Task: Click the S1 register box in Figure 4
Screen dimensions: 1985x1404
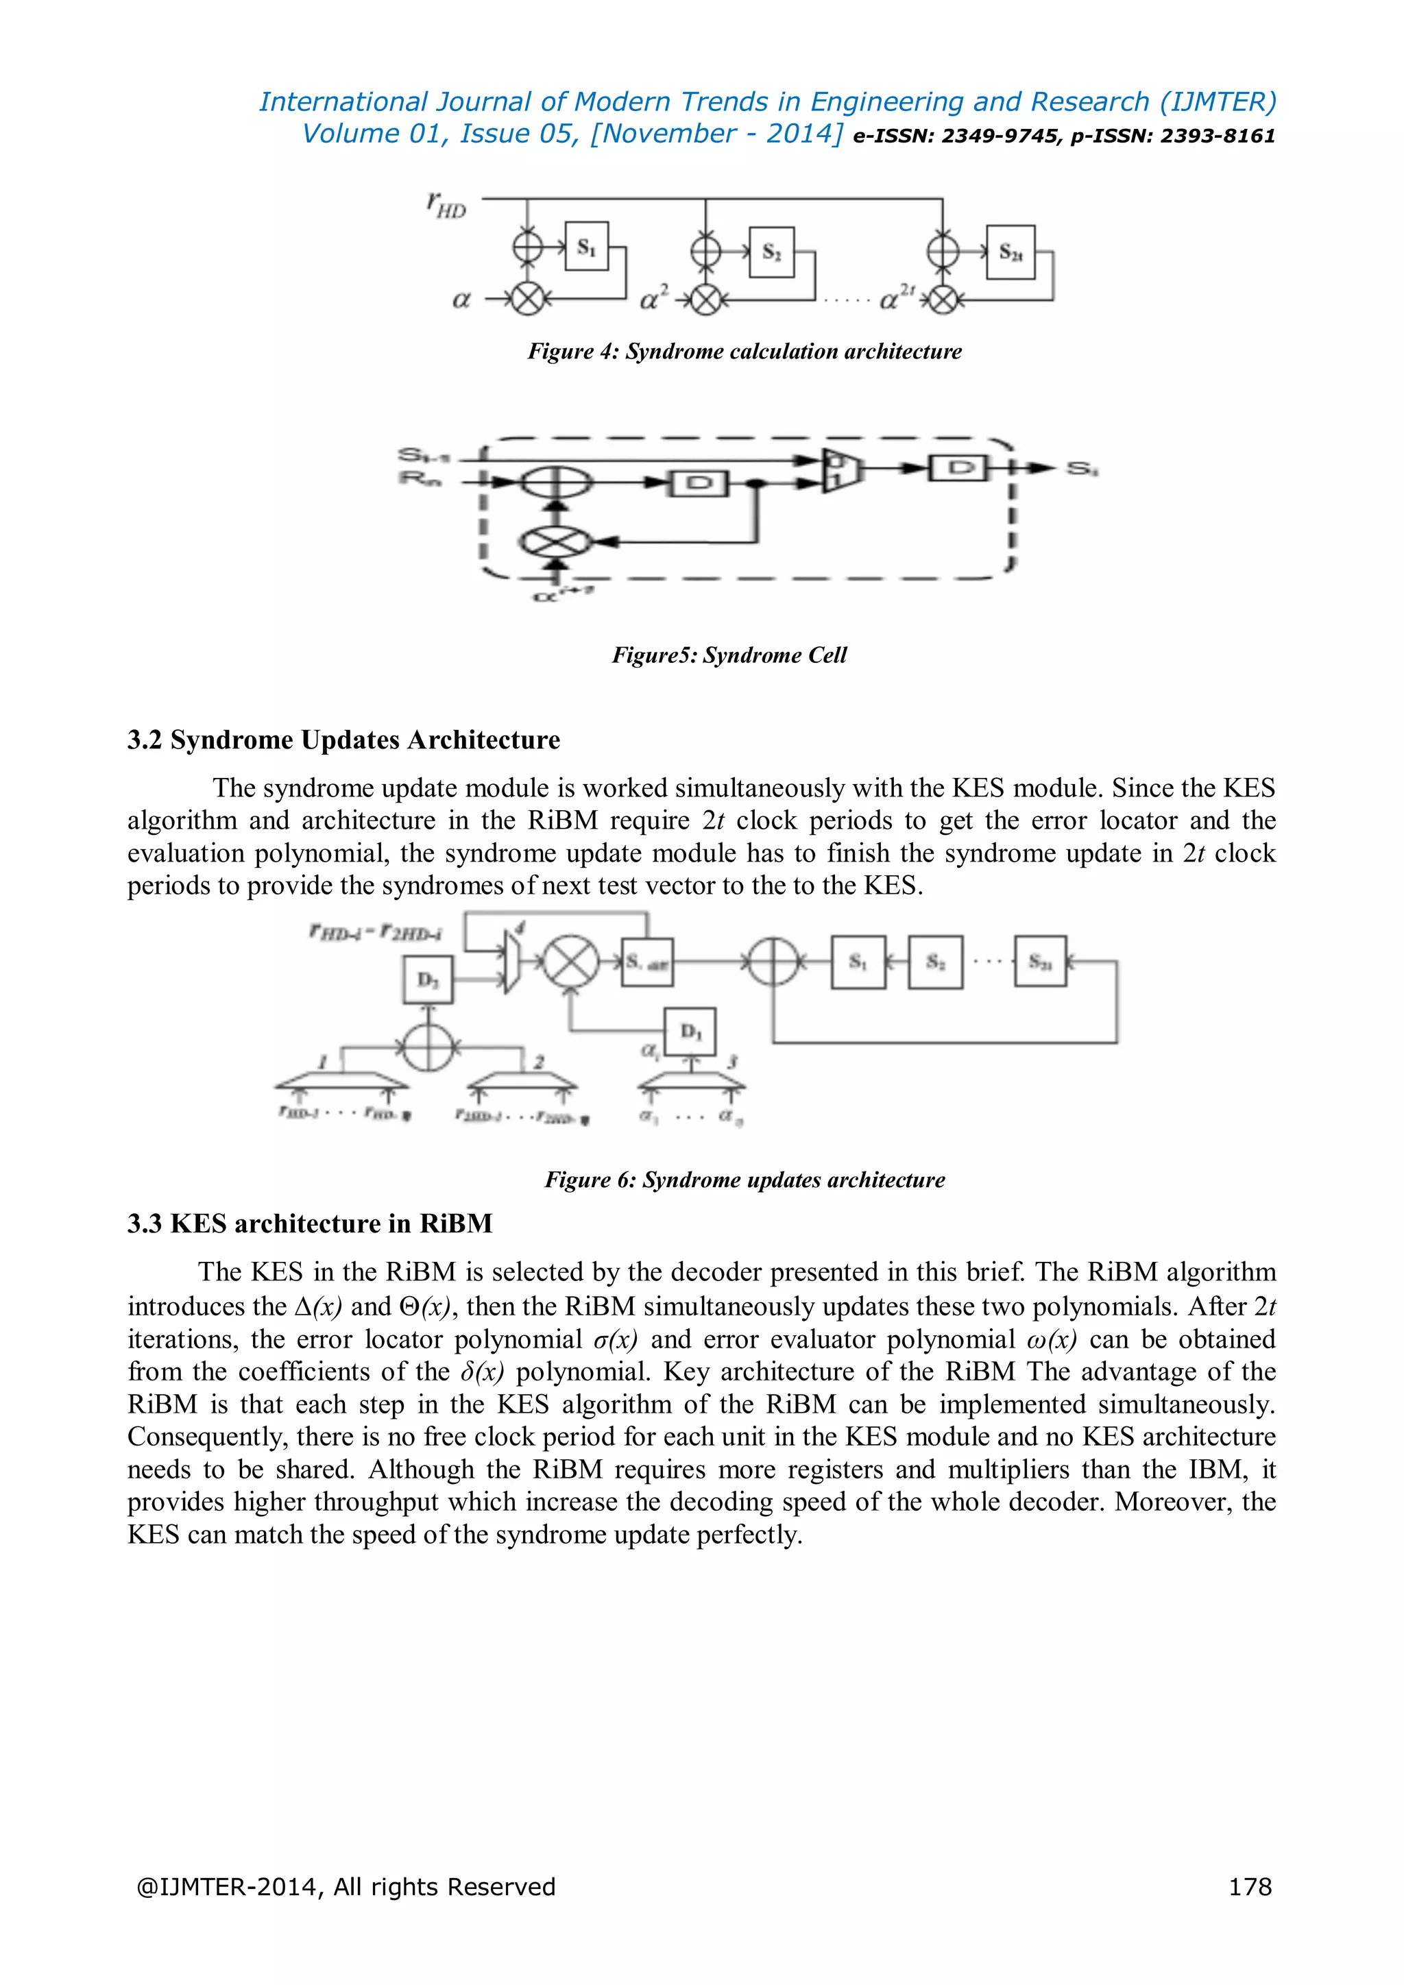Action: point(587,247)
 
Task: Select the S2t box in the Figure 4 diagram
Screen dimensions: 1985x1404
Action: point(1010,252)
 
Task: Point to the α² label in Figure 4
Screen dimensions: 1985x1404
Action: point(653,299)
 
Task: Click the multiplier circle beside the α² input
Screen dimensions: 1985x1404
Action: point(706,300)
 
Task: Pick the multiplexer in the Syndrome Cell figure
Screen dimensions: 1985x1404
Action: point(837,470)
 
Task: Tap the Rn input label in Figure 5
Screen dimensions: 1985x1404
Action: point(420,477)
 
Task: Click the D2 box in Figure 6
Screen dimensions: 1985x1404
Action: point(428,979)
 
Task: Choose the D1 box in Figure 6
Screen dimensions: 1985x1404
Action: point(690,1032)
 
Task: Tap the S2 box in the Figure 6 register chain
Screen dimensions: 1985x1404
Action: point(935,962)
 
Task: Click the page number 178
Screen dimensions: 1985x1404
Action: point(1250,1886)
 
